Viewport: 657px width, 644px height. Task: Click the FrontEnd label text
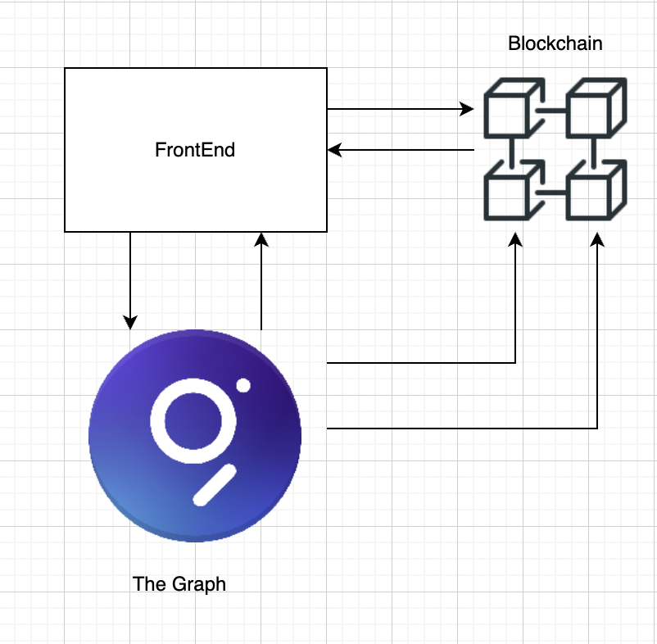point(195,150)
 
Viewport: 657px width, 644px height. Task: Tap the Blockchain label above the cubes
point(555,43)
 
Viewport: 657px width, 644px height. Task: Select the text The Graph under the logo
point(179,584)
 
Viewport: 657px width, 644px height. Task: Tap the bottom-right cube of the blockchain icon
point(595,192)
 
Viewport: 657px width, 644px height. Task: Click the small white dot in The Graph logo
point(242,385)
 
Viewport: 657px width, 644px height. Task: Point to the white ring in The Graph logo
point(188,420)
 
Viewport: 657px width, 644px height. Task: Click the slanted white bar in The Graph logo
point(215,484)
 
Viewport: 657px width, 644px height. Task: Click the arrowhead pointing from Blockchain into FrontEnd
point(334,150)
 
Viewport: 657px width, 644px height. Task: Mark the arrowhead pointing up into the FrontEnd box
point(261,238)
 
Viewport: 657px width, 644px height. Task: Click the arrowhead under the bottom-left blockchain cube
point(515,238)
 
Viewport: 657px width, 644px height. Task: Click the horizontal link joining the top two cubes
point(554,109)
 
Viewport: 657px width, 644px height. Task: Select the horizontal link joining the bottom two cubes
point(554,193)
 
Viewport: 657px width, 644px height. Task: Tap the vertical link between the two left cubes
point(511,150)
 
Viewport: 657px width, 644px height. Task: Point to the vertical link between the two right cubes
point(594,150)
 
